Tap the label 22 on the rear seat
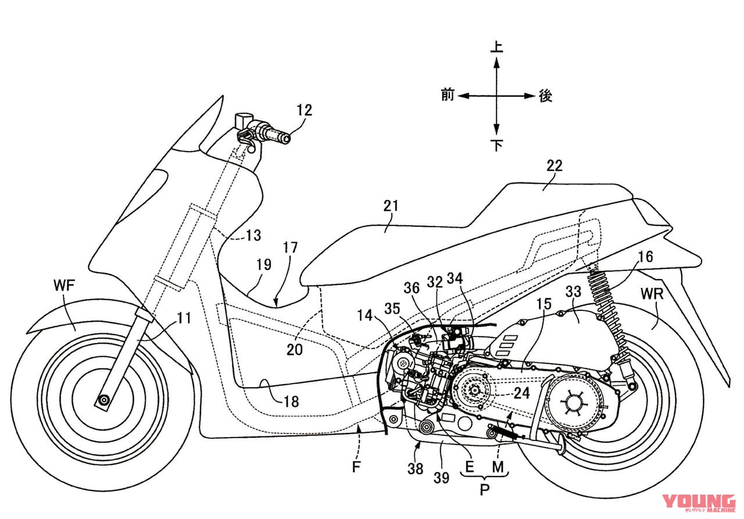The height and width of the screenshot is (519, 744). tap(555, 166)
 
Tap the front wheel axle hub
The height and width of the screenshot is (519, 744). tap(105, 400)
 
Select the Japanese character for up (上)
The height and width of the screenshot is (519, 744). tap(496, 46)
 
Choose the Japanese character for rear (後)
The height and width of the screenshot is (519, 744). tap(545, 96)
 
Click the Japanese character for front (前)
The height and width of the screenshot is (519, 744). tap(448, 95)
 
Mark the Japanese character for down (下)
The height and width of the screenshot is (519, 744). tap(496, 145)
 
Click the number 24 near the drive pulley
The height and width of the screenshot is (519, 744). tap(522, 392)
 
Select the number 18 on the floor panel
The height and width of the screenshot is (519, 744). tap(291, 401)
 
